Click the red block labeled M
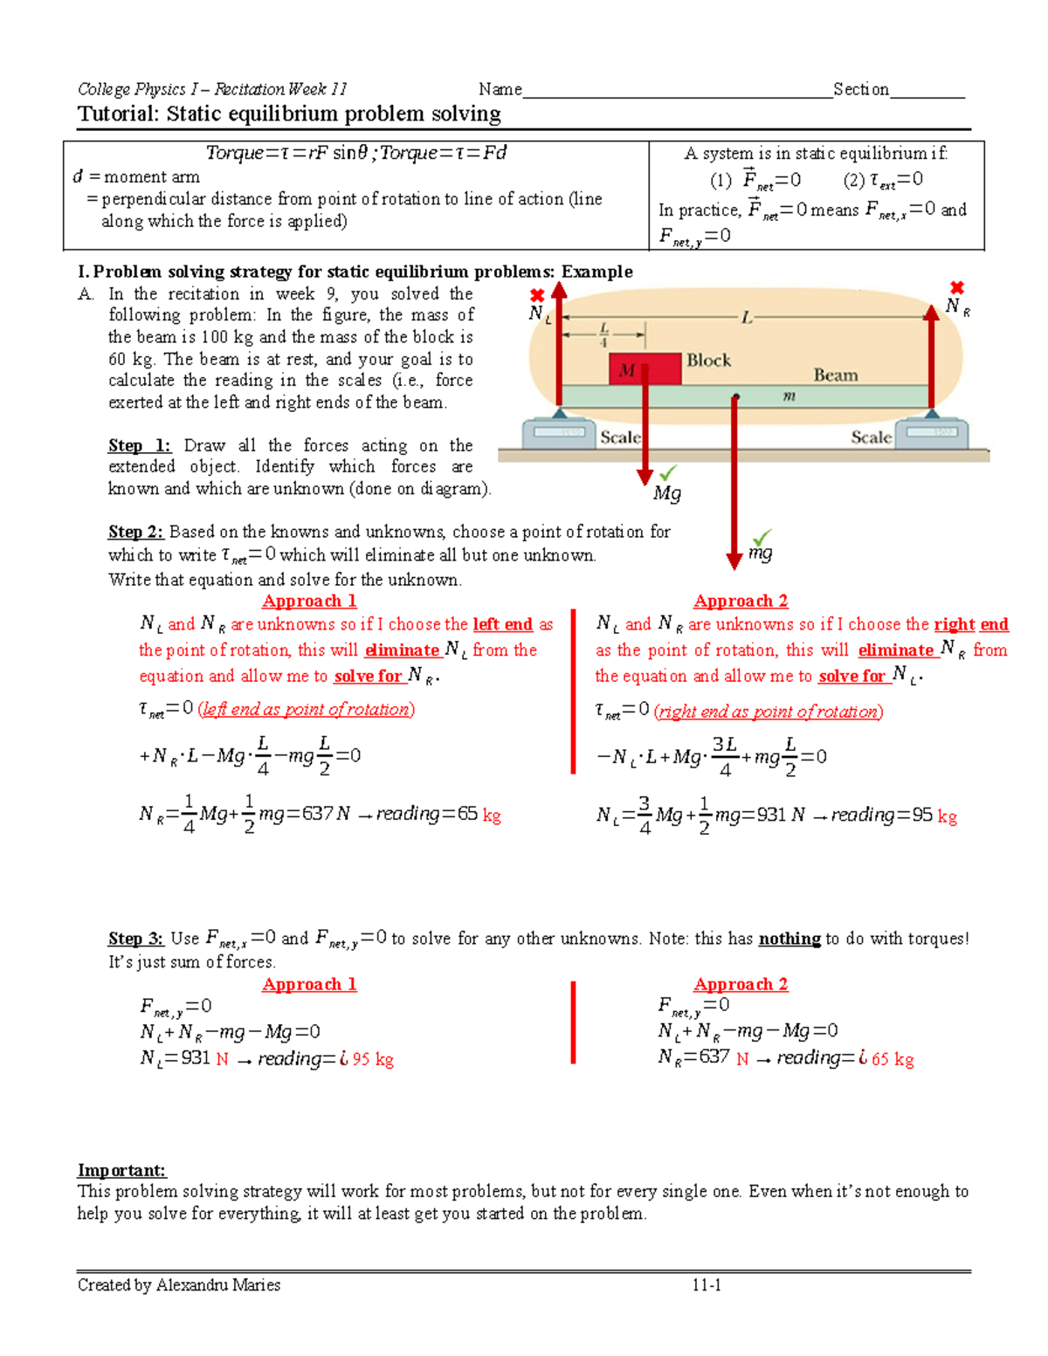click(x=645, y=369)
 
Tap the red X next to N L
click(x=537, y=295)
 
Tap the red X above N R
click(x=957, y=287)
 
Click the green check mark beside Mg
click(x=668, y=472)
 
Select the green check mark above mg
click(x=762, y=536)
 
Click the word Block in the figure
click(x=708, y=360)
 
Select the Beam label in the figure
click(x=835, y=375)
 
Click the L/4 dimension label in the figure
click(x=603, y=334)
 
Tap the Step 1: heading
click(x=139, y=445)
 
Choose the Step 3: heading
click(x=135, y=939)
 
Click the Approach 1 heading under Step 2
click(x=309, y=601)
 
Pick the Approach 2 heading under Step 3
click(x=741, y=984)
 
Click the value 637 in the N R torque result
click(x=317, y=814)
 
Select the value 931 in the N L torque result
click(x=771, y=815)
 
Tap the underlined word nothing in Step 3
click(x=789, y=939)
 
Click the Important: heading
click(x=121, y=1170)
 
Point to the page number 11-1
click(x=706, y=1284)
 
